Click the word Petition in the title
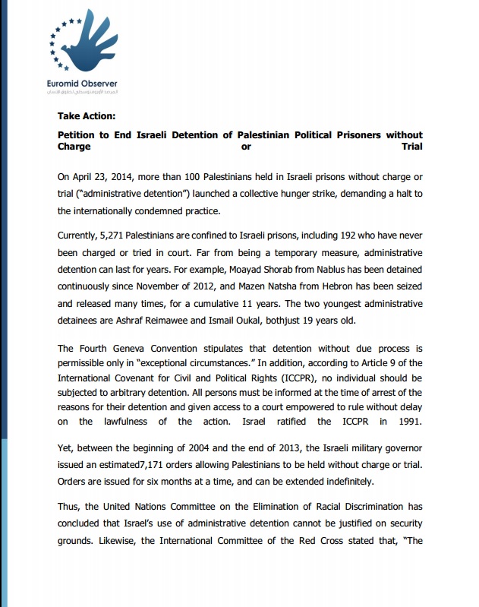click(x=80, y=135)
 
